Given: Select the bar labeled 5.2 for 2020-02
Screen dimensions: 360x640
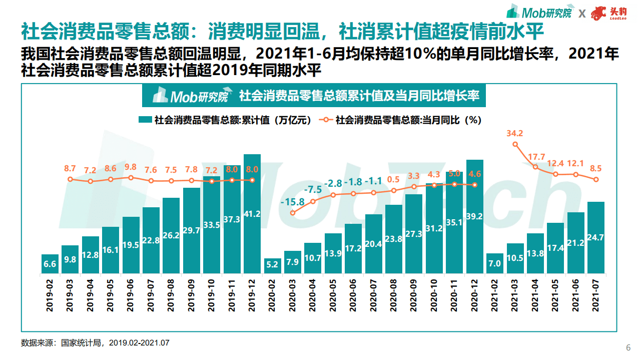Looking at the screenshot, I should pyautogui.click(x=272, y=265).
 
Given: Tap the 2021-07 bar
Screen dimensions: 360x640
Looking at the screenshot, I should pyautogui.click(x=596, y=238).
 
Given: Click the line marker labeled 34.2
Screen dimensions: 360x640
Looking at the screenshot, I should pyautogui.click(x=515, y=144).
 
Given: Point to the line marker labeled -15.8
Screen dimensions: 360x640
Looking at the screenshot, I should pyautogui.click(x=293, y=212).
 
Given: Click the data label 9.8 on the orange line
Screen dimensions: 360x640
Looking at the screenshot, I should pyautogui.click(x=131, y=167).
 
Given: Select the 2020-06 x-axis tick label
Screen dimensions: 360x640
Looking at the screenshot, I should pyautogui.click(x=353, y=295).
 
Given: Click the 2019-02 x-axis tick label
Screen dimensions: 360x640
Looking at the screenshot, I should pyautogui.click(x=50, y=295).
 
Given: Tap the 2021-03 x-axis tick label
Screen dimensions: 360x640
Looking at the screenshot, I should pyautogui.click(x=515, y=295).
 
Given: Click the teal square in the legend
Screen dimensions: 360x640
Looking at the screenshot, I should pyautogui.click(x=145, y=120).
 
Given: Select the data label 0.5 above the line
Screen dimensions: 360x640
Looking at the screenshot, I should pyautogui.click(x=394, y=179).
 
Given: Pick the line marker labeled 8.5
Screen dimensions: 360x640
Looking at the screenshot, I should pyautogui.click(x=596, y=180).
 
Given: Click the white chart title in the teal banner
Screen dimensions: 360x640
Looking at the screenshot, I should pyautogui.click(x=359, y=95).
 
